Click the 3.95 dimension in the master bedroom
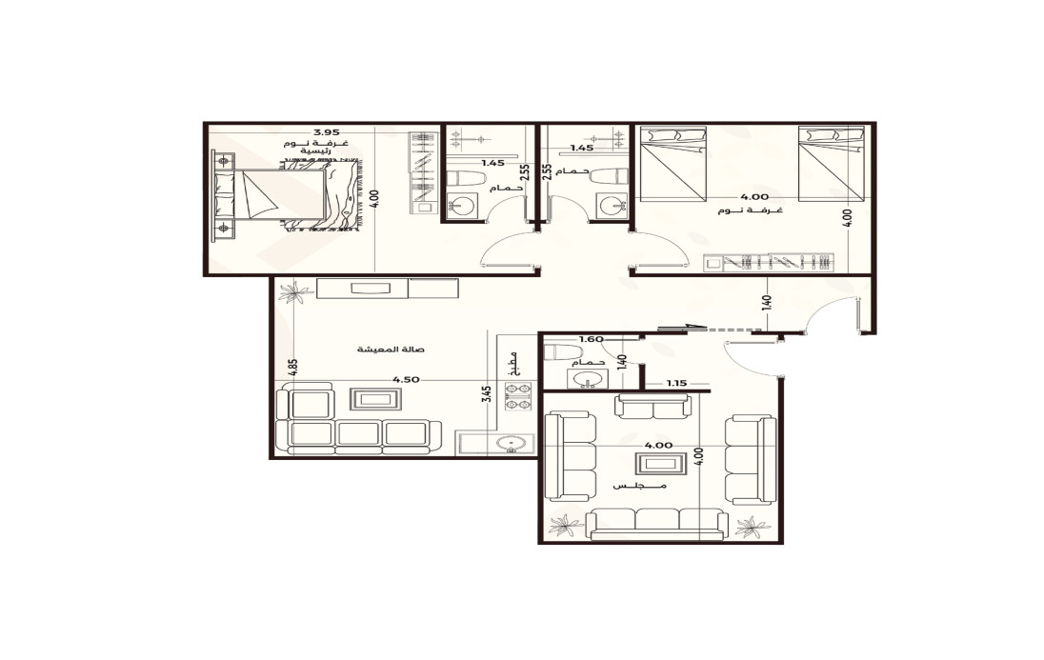tap(327, 131)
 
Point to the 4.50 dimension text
tap(406, 380)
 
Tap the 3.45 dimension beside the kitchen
tap(487, 394)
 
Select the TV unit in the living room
tap(388, 289)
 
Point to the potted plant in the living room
tap(295, 291)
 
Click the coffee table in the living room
tap(376, 400)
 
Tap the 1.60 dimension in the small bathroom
tap(592, 339)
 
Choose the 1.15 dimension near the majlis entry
tap(676, 384)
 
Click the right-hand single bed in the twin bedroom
tap(832, 164)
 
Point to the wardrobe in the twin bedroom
tap(769, 263)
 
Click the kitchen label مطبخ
tap(512, 365)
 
